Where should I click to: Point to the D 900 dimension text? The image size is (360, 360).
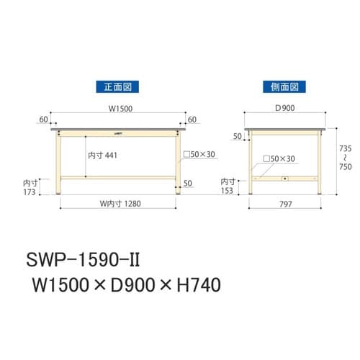pyautogui.click(x=283, y=110)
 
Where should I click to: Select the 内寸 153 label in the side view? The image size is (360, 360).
pyautogui.click(x=228, y=187)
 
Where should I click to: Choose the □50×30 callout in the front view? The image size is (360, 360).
pyautogui.click(x=200, y=155)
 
